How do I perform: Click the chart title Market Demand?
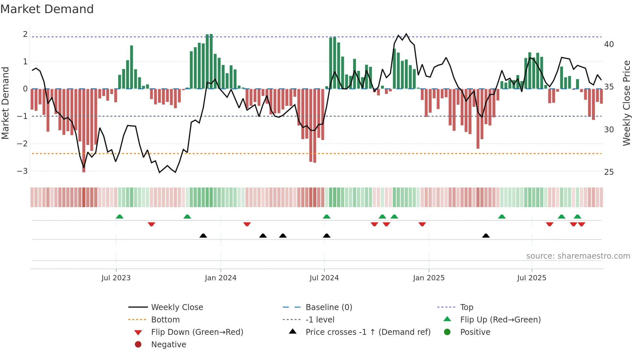tap(47, 9)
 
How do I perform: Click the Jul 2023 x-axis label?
tap(116, 278)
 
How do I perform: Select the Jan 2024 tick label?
tap(220, 278)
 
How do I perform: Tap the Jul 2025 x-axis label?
tap(532, 278)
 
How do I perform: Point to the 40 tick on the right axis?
tap(609, 44)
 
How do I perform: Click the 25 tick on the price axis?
tap(609, 172)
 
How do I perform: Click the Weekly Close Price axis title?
tap(626, 103)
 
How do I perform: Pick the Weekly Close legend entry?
tap(177, 307)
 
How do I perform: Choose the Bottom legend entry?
tap(165, 320)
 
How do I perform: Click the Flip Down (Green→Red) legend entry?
tap(197, 332)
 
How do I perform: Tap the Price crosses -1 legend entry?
tap(368, 332)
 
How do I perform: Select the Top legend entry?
tap(467, 307)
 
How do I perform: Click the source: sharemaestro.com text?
tap(578, 256)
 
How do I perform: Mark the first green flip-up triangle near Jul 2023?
tap(120, 217)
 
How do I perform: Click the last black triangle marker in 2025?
tap(486, 236)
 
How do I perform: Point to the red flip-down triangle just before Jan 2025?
tap(422, 224)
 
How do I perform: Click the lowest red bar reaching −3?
tap(84, 163)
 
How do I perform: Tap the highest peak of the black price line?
tap(406, 34)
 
